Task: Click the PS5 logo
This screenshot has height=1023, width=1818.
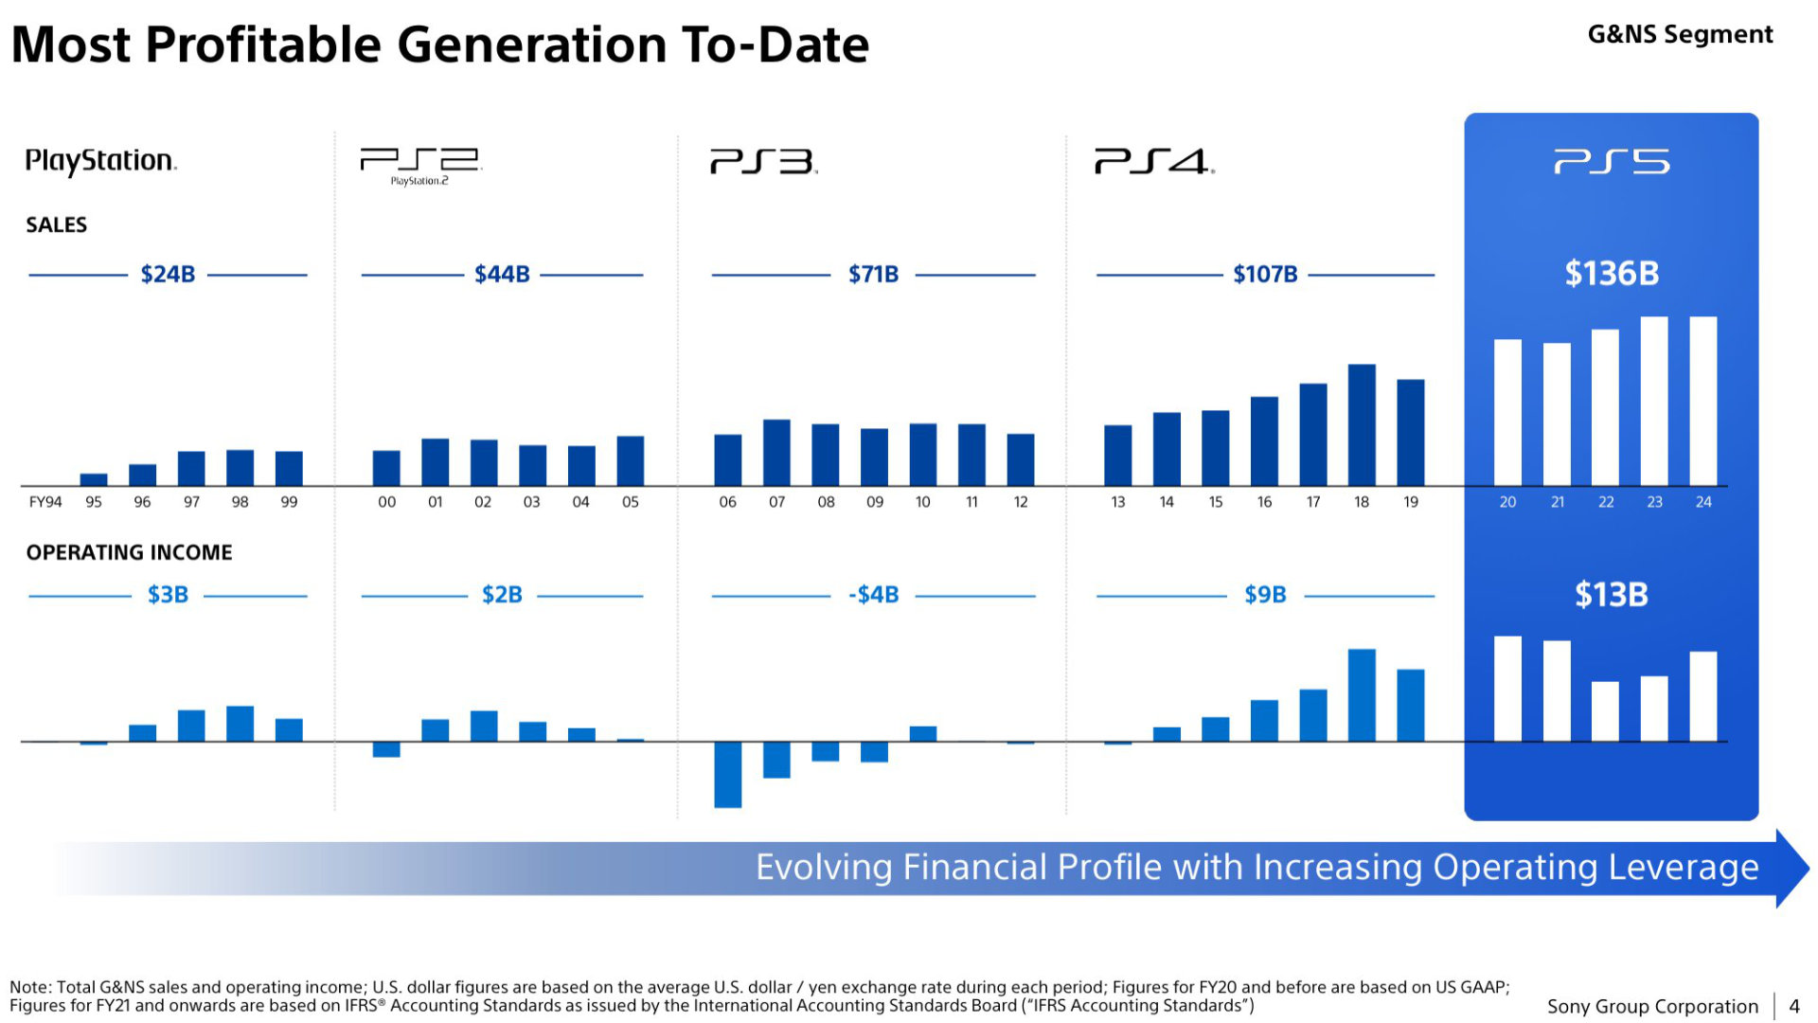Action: click(1612, 163)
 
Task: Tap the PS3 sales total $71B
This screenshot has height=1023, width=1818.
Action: click(873, 275)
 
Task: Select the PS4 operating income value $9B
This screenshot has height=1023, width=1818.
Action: click(1265, 595)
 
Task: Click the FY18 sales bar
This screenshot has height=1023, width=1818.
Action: click(1362, 424)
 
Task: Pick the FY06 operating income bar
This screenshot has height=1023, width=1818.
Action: click(727, 774)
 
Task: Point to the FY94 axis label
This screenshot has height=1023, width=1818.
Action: click(45, 502)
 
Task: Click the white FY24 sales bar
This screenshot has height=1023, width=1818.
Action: click(1702, 401)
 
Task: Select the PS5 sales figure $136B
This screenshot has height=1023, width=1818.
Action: click(1612, 274)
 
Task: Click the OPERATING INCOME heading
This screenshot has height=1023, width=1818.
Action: click(129, 552)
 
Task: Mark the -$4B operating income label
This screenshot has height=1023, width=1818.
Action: click(873, 595)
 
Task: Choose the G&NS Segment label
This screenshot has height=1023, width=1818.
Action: click(1680, 34)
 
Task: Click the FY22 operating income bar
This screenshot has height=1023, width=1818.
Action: click(1605, 710)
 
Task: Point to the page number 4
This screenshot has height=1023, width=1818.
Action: click(1793, 1006)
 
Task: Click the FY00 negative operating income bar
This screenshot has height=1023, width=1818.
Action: click(386, 749)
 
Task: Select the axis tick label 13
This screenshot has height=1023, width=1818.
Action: click(1117, 502)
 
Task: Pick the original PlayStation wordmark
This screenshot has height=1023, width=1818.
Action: click(100, 161)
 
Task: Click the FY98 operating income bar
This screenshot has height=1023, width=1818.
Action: click(240, 723)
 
